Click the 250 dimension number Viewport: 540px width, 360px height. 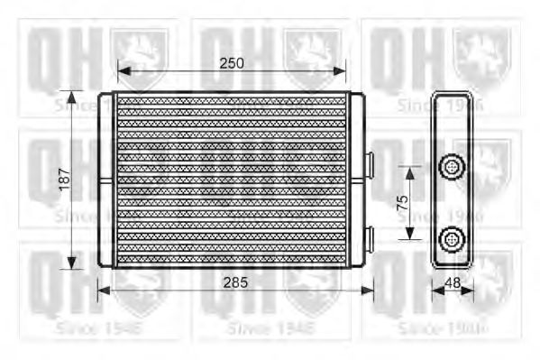tap(232, 62)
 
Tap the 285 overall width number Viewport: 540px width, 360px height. tap(235, 281)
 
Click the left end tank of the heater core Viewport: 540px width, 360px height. tap(107, 180)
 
